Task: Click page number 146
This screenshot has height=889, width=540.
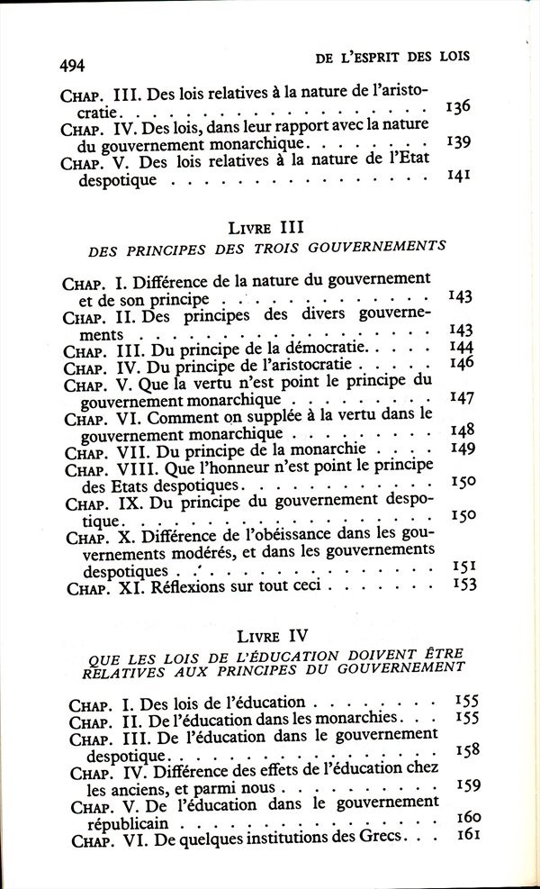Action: tap(461, 364)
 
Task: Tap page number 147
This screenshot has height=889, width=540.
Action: tap(461, 397)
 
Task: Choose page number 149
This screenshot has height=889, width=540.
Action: tap(461, 448)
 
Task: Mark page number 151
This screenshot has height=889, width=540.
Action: tap(462, 567)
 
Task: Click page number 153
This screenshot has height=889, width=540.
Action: tap(462, 584)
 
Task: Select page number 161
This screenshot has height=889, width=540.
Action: tap(469, 835)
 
